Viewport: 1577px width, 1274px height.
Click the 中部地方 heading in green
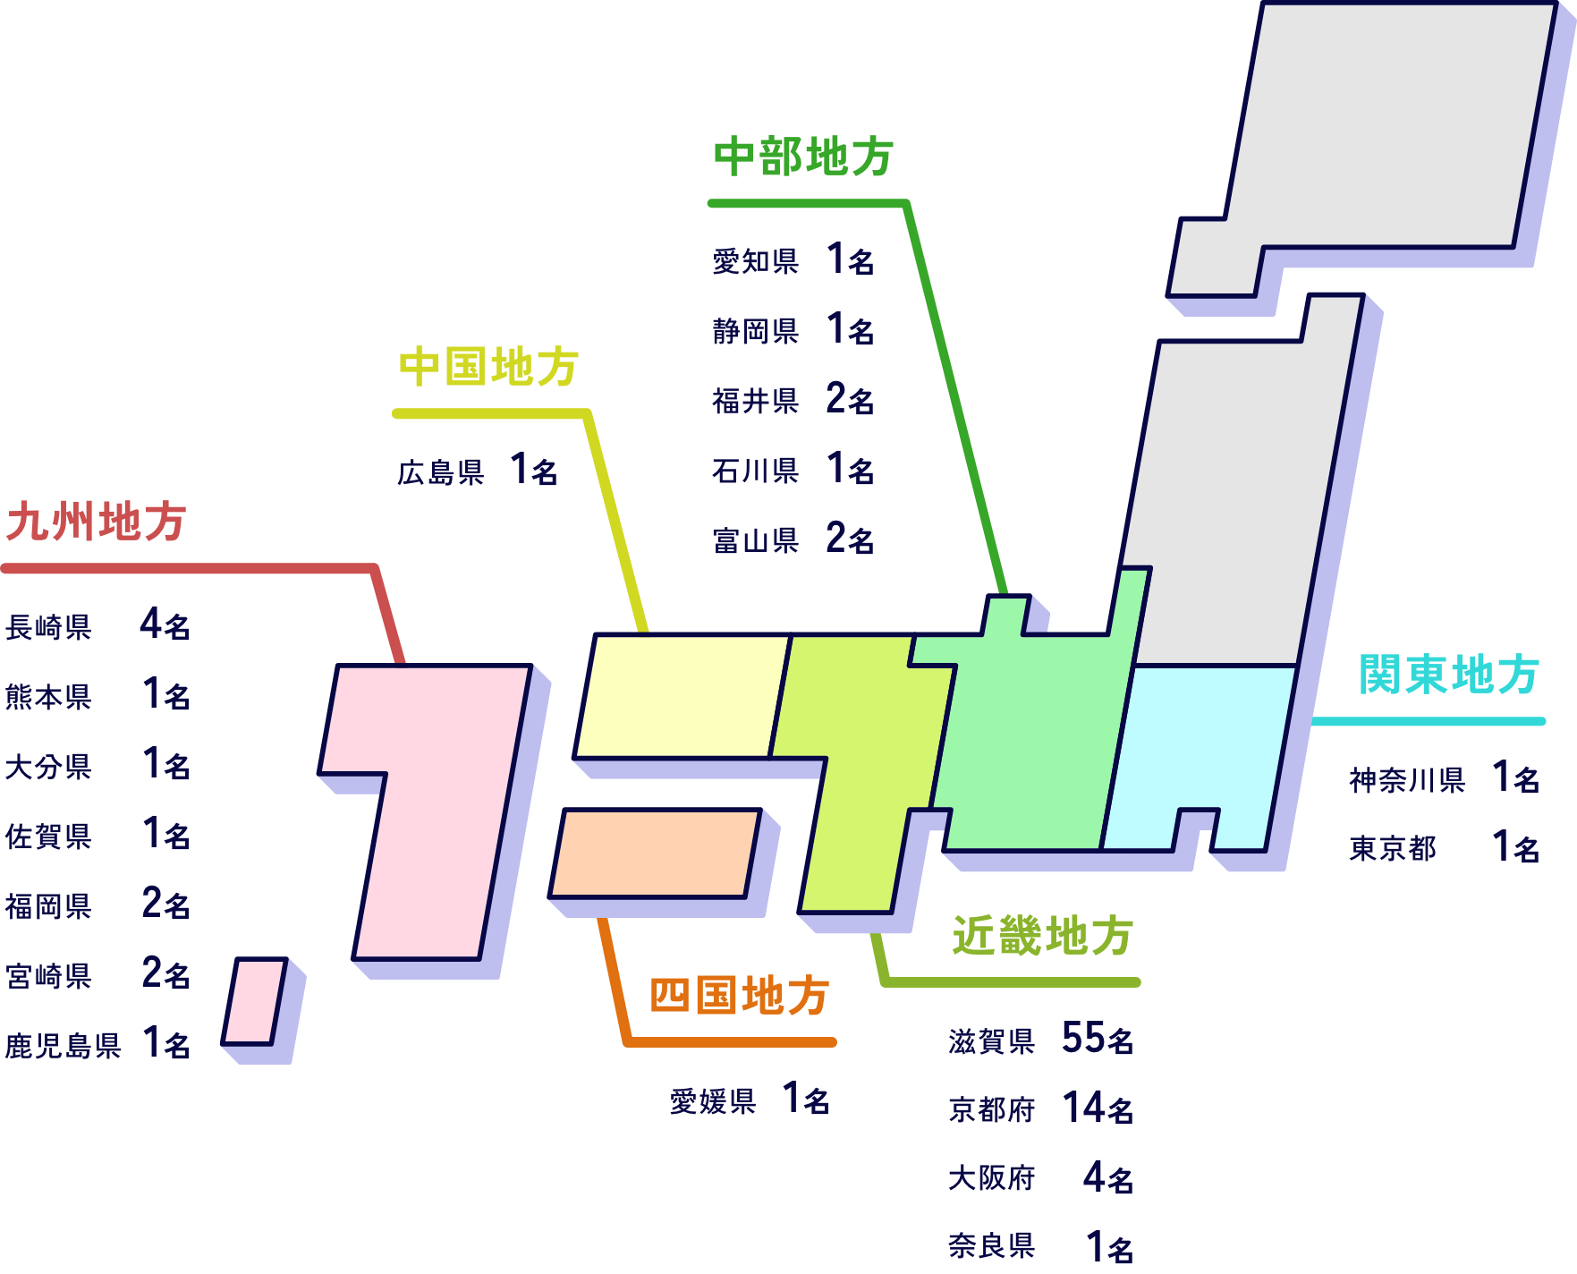point(803,157)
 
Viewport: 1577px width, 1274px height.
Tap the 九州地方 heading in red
point(96,522)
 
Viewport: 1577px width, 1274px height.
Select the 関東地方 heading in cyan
point(1448,675)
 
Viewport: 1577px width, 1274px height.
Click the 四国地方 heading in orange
point(739,996)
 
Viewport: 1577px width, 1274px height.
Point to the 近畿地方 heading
point(1042,937)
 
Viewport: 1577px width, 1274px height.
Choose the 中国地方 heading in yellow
point(488,368)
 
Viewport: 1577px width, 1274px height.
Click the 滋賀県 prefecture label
point(991,1041)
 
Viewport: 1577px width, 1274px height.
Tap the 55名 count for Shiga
point(1097,1039)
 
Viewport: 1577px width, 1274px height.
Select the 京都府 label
point(991,1110)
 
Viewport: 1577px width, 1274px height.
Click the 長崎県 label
point(48,627)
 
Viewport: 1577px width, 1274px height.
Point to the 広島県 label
point(440,472)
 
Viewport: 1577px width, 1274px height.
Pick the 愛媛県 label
point(713,1101)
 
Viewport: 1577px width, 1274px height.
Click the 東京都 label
point(1392,848)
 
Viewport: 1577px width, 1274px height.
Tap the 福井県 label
point(755,401)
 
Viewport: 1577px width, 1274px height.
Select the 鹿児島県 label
point(63,1045)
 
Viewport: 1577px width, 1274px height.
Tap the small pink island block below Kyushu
point(254,1001)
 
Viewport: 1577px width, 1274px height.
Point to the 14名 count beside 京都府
point(1097,1108)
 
